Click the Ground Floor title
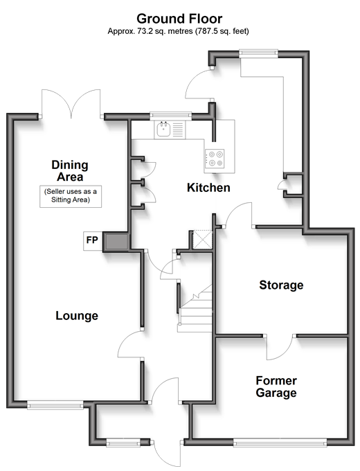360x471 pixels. click(x=179, y=19)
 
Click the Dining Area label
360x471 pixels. click(x=70, y=170)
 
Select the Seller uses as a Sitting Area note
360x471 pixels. click(x=71, y=196)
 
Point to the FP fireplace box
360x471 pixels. click(x=93, y=241)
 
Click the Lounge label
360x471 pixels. click(x=77, y=315)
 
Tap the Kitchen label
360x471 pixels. click(x=208, y=188)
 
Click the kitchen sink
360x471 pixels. click(x=163, y=130)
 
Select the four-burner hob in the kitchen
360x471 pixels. click(x=215, y=159)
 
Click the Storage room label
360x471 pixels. click(x=281, y=285)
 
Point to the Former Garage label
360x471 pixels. click(x=276, y=386)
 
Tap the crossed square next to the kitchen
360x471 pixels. click(x=203, y=240)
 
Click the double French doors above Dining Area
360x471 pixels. click(x=71, y=103)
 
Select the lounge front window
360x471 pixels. click(x=55, y=406)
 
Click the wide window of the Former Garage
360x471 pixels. click(x=280, y=443)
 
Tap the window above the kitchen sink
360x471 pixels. click(x=170, y=115)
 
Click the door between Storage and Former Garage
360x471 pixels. click(x=280, y=346)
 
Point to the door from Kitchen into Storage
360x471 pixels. click(x=239, y=215)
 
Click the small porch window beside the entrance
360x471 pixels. click(x=123, y=442)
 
